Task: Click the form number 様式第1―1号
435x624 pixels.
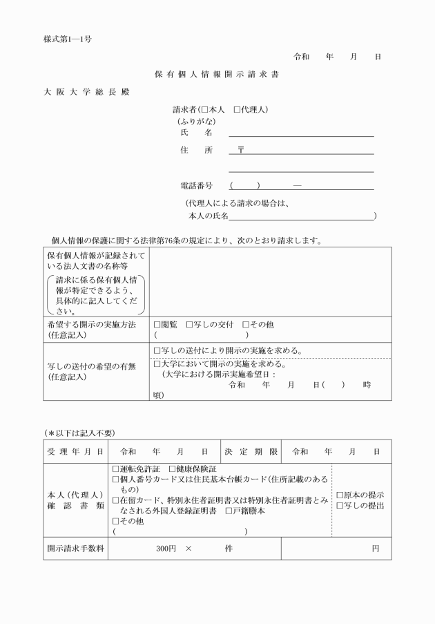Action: click(68, 39)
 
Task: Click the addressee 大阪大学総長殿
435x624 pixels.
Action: click(86, 92)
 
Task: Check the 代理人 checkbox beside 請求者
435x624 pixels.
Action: click(237, 110)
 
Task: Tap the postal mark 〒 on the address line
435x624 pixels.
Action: click(241, 149)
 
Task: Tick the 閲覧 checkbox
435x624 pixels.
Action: click(157, 324)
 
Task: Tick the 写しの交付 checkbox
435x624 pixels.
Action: click(189, 324)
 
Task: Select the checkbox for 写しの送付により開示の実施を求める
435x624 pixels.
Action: click(157, 350)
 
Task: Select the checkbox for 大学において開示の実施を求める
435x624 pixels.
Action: click(157, 363)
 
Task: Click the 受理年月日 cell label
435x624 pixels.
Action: click(76, 451)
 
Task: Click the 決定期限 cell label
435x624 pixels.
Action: click(251, 451)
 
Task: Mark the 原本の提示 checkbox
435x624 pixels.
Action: click(339, 495)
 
